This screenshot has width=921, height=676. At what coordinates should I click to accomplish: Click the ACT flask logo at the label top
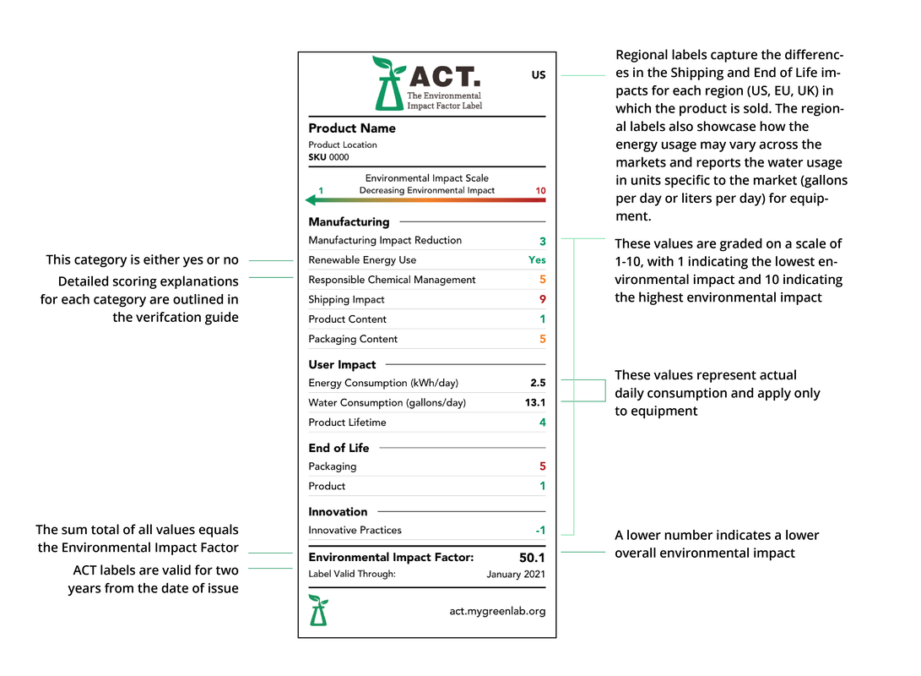tap(388, 84)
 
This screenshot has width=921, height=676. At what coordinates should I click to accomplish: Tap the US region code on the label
tap(539, 75)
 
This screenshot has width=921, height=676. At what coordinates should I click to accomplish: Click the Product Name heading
tap(352, 128)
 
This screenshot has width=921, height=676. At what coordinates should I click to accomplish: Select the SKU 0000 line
tap(328, 157)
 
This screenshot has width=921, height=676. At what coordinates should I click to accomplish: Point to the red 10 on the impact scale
tap(540, 191)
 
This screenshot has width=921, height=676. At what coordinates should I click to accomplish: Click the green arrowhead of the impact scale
tap(311, 200)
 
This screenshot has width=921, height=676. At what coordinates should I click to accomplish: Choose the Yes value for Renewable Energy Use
tap(537, 260)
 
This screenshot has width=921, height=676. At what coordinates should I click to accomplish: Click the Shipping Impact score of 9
tap(542, 299)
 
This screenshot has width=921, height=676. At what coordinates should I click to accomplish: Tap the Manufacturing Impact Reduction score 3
tap(542, 241)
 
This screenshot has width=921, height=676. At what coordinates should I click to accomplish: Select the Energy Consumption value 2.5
tap(538, 383)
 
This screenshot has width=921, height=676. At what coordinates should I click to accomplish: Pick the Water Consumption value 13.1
tap(535, 403)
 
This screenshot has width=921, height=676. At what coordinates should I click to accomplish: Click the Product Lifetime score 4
tap(542, 422)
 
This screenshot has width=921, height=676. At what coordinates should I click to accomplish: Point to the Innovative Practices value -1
tap(540, 531)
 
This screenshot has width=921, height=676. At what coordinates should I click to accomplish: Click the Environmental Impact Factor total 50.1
tap(532, 558)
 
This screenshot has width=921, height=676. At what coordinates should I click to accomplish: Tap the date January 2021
tap(516, 575)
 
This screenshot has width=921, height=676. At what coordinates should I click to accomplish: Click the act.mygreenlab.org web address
tap(497, 611)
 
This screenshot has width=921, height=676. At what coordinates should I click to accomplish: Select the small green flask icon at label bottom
tap(318, 610)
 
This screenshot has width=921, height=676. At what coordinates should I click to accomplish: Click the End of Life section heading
tap(339, 448)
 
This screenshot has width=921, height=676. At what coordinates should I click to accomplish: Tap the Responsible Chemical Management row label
tap(392, 280)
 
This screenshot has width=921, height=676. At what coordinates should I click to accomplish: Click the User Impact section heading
tap(342, 365)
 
